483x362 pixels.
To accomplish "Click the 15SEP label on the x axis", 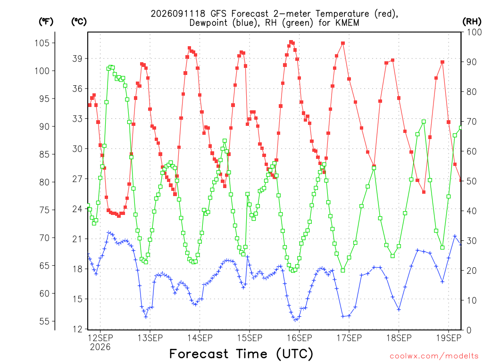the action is pyautogui.click(x=250, y=338).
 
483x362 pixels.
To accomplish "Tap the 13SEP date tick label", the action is pyautogui.click(x=150, y=338).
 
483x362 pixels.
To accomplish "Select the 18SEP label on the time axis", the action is pyautogui.click(x=399, y=338).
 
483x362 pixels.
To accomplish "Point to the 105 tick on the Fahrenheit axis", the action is pyautogui.click(x=42, y=43).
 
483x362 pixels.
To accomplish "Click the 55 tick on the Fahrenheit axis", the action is pyautogui.click(x=44, y=321).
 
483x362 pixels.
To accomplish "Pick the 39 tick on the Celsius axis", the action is pyautogui.click(x=77, y=58).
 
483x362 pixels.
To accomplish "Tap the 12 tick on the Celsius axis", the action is pyautogui.click(x=77, y=329).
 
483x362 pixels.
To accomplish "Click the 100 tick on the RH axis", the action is pyautogui.click(x=474, y=32).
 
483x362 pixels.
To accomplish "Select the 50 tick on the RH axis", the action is pyautogui.click(x=472, y=181).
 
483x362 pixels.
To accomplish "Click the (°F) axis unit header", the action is pyautogui.click(x=46, y=22).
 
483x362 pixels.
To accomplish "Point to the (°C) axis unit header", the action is pyautogui.click(x=79, y=22).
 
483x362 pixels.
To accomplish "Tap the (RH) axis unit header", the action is pyautogui.click(x=472, y=22).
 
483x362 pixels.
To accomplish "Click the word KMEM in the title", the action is pyautogui.click(x=348, y=23).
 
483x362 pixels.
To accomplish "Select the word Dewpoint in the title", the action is pyautogui.click(x=208, y=23).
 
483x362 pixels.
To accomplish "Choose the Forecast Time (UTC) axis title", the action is pyautogui.click(x=241, y=354).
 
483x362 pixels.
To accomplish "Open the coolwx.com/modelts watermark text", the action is pyautogui.click(x=434, y=356).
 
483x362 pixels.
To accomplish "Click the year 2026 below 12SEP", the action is pyautogui.click(x=100, y=347).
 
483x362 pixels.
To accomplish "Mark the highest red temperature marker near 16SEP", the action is pyautogui.click(x=291, y=42).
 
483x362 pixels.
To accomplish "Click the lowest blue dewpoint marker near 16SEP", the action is pyautogui.click(x=295, y=320).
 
